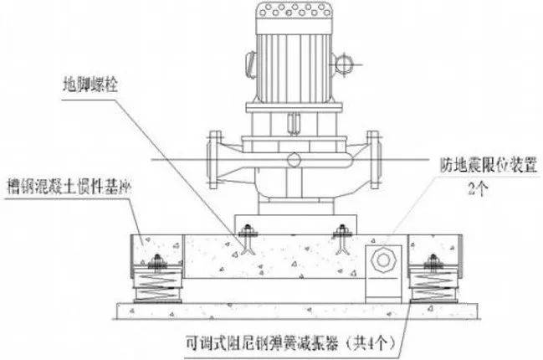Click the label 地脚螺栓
point(90,85)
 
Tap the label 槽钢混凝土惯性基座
point(69,187)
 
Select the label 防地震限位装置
point(489,165)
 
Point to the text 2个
point(479,188)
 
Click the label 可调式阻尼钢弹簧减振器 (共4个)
point(290,343)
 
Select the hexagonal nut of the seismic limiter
point(383,260)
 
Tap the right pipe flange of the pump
point(374,160)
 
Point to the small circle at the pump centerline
point(294,160)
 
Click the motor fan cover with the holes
point(294,18)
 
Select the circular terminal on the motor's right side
point(344,64)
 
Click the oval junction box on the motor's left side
point(250,64)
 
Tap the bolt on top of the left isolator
point(157,261)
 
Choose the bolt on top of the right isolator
point(433,261)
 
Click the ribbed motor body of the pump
point(294,69)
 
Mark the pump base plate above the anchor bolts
point(295,224)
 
